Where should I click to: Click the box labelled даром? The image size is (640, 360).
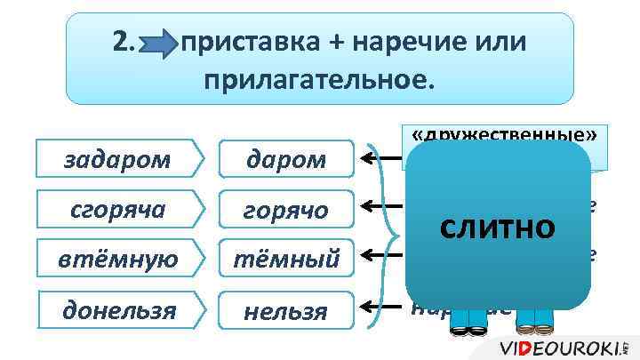coord(286,160)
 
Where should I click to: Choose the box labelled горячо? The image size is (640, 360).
coord(286,211)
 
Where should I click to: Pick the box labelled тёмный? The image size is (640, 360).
coord(286,259)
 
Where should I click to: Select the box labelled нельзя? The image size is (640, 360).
coord(286,310)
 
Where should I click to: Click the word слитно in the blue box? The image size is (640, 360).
coord(499,228)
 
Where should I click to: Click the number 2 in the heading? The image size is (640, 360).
coord(124,41)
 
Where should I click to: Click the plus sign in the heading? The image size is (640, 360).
coord(324,42)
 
